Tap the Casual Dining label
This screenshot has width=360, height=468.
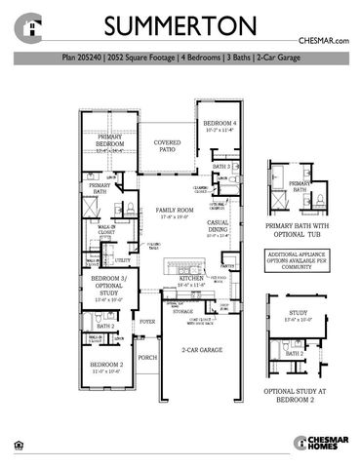pos(217,230)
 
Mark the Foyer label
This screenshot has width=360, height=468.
pos(147,321)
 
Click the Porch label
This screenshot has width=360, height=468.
pos(147,358)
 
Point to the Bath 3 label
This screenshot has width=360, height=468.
pos(220,167)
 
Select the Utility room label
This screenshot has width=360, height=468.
pos(123,260)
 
